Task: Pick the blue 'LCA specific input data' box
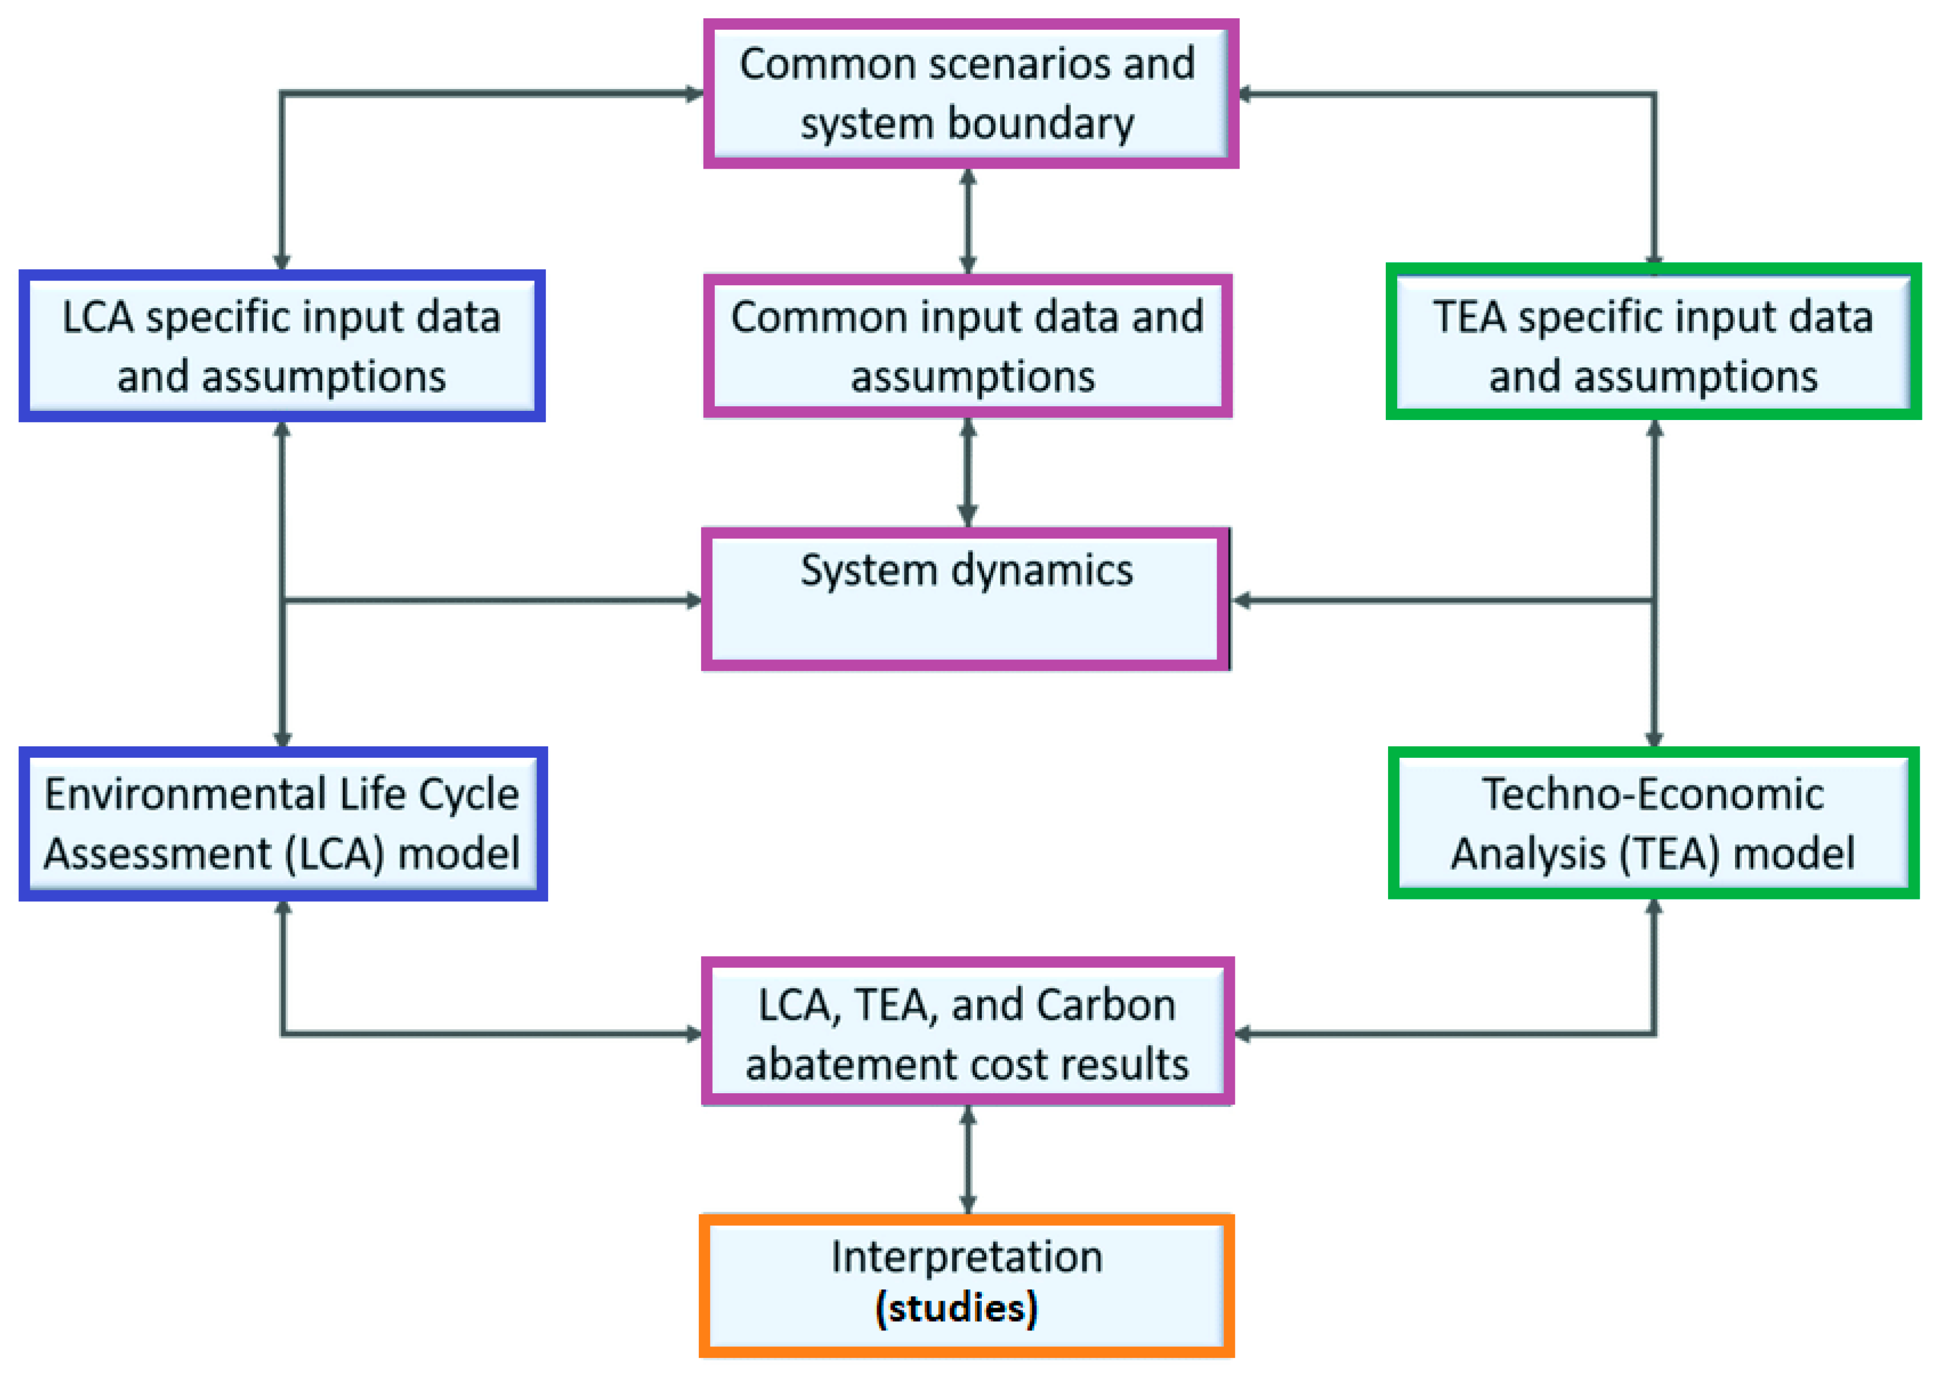281,345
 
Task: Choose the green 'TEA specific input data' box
1653,342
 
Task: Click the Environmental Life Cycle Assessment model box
283,823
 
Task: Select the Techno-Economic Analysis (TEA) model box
1653,823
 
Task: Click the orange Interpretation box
965,1285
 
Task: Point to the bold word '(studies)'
957,1309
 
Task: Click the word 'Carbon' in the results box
1105,1006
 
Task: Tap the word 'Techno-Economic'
1652,794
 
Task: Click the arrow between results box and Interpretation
968,1160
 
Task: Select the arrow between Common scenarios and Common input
968,220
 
